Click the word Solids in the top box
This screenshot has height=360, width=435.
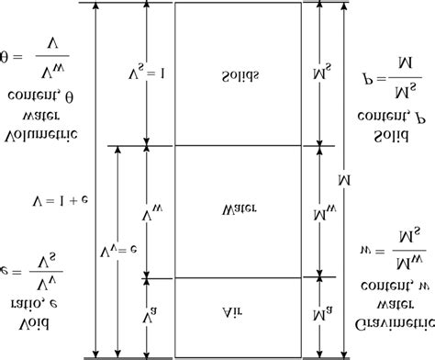[240, 73]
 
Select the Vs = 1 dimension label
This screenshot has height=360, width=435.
[137, 73]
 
